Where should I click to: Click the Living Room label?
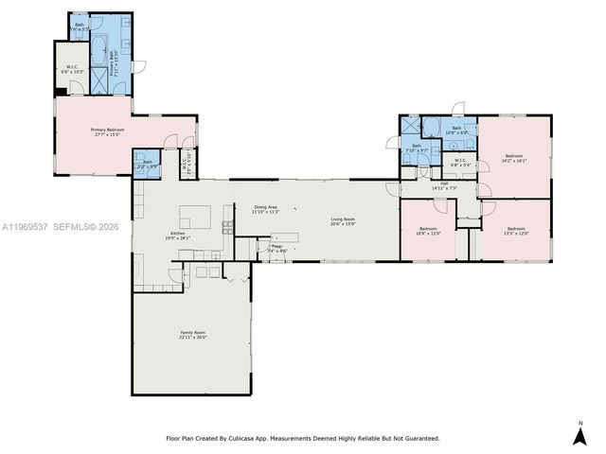click(342, 221)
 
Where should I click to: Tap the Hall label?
click(444, 185)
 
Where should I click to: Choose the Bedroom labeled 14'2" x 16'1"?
click(514, 158)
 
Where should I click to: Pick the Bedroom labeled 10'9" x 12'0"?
click(428, 230)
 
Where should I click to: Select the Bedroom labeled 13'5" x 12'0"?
click(516, 230)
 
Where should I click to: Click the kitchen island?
click(195, 218)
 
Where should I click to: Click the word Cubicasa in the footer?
click(240, 439)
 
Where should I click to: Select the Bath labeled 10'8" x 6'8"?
click(456, 130)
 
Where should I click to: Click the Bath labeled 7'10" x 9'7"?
click(417, 148)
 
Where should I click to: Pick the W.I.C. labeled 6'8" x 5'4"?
click(459, 162)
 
